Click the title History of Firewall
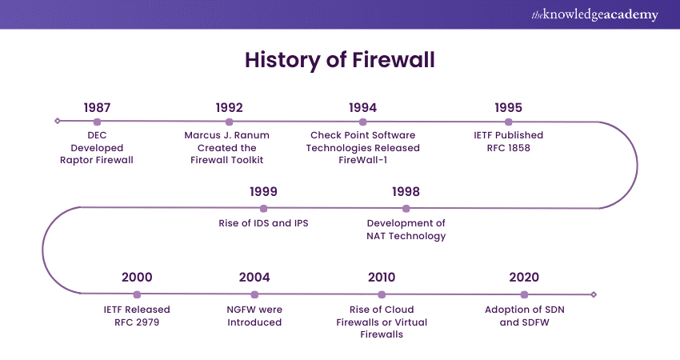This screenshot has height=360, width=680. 340,60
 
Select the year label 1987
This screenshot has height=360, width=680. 97,107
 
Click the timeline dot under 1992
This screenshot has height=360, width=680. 230,122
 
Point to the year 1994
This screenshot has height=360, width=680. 363,107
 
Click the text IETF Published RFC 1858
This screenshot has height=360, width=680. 508,141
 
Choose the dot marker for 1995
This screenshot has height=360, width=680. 509,122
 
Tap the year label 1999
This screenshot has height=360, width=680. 263,192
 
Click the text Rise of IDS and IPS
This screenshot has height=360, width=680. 263,223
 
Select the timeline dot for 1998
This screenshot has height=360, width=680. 406,208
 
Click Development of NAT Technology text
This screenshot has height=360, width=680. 406,230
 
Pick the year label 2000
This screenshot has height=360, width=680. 137,278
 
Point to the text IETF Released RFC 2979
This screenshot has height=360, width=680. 137,315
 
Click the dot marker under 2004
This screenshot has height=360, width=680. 254,294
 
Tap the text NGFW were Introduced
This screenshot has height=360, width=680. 254,315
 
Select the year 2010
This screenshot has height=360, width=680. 382,278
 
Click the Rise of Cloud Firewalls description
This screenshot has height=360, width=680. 382,322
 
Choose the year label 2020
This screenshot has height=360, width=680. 524,278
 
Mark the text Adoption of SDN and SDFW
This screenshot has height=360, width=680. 524,315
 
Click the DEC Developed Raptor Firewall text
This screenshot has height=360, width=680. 97,147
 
